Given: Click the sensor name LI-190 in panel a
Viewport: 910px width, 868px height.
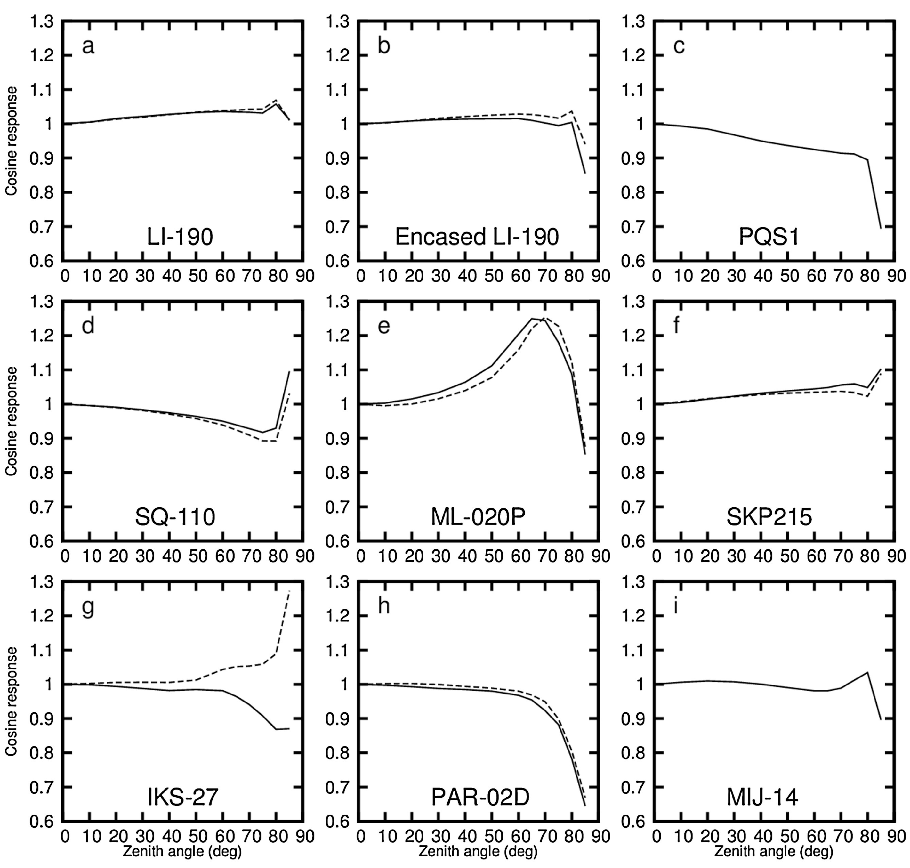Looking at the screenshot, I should click(180, 237).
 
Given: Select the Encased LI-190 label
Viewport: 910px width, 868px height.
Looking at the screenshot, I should click(477, 237).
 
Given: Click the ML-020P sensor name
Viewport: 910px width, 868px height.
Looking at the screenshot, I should click(478, 517).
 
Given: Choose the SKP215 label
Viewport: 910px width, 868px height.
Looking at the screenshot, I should click(769, 517).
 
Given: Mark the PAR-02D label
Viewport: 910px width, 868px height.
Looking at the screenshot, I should click(480, 797).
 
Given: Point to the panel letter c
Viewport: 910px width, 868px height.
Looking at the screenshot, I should click(679, 46).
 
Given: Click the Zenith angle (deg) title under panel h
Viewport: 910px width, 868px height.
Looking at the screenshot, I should click(478, 851).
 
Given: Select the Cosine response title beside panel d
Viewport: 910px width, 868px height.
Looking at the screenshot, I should click(11, 421).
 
